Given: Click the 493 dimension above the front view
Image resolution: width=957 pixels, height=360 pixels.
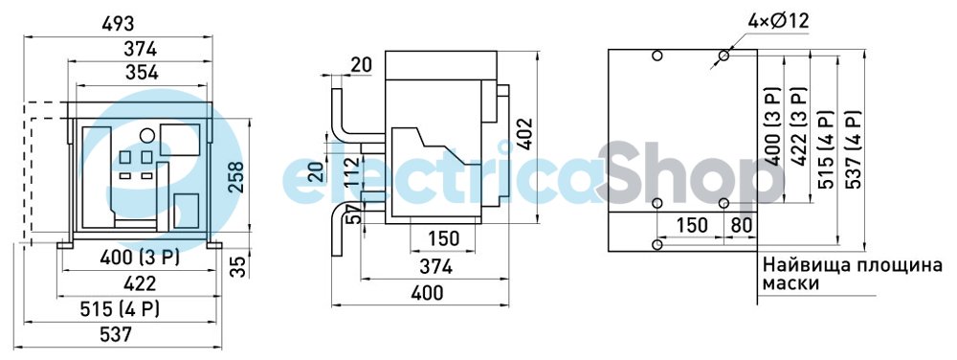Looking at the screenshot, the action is click(x=117, y=24).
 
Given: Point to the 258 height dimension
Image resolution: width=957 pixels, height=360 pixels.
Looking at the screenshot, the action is click(x=235, y=177).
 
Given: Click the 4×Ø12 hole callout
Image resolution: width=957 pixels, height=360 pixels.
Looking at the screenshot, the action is click(x=778, y=21).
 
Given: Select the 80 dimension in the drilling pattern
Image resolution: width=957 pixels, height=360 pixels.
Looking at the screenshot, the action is click(x=742, y=225).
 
